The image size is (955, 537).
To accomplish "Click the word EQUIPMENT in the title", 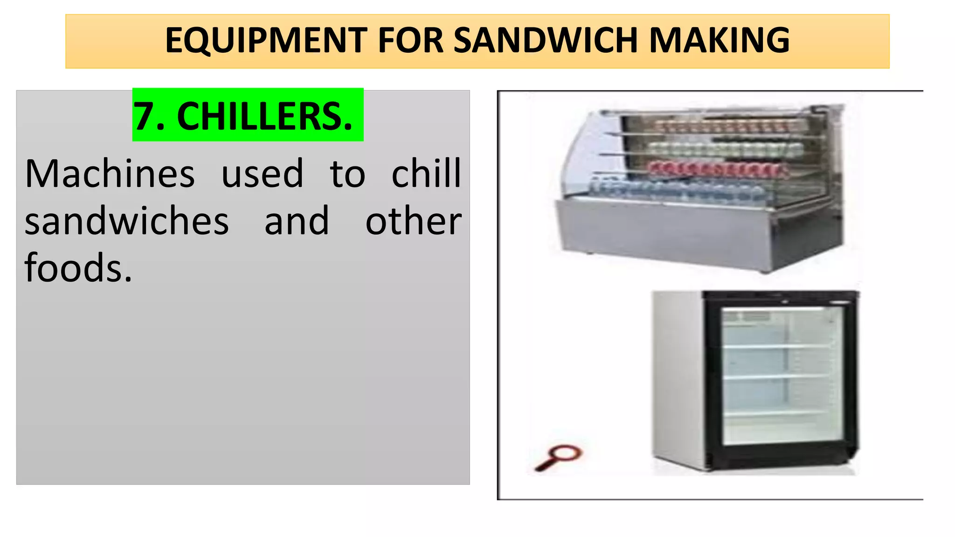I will [266, 41].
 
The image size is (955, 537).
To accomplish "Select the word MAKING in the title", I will [720, 41].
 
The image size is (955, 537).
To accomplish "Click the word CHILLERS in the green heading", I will [264, 117].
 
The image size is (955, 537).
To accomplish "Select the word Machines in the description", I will [110, 174].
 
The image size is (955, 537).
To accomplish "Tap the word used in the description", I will [262, 174].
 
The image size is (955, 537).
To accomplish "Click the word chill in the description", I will [426, 174].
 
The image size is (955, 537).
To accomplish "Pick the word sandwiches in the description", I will [127, 221].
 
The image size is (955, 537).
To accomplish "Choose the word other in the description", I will [413, 221].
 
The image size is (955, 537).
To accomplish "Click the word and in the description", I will [297, 221].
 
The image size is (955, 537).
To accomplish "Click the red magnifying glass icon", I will [559, 457].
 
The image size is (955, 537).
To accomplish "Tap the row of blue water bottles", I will [676, 189].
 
